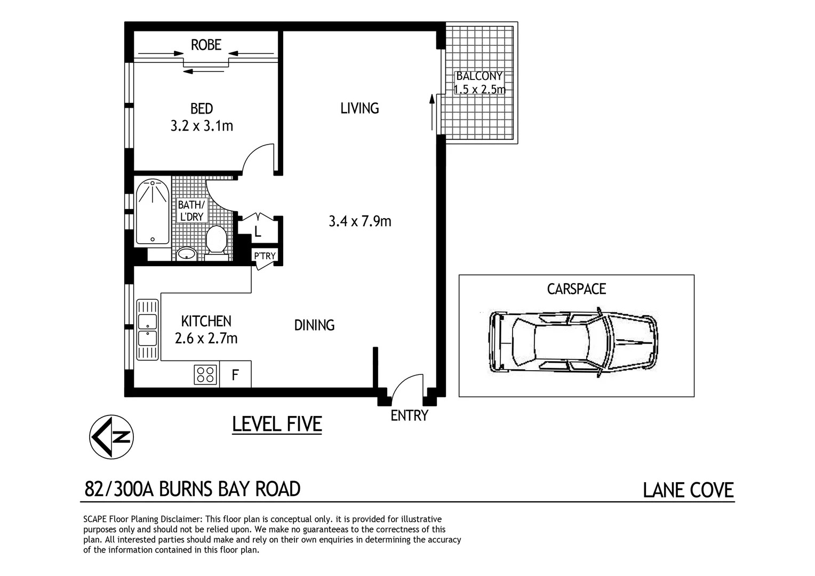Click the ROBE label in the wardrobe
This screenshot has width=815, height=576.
[206, 45]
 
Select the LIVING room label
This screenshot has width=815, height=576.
[359, 108]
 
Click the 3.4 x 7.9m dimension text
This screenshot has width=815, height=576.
[360, 221]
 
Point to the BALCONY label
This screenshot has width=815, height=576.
[479, 76]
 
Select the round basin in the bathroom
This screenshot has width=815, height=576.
[186, 253]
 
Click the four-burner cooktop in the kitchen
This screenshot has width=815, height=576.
[206, 374]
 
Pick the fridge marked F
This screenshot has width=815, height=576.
[235, 375]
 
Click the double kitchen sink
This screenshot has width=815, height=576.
[147, 330]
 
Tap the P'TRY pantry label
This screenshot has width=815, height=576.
[265, 256]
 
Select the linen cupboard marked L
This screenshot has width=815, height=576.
[258, 231]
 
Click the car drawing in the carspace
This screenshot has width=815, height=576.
[573, 341]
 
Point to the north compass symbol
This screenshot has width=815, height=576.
[111, 437]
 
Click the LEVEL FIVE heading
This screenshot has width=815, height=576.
[277, 425]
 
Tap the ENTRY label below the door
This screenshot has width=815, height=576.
[409, 415]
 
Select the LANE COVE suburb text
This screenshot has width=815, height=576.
[688, 490]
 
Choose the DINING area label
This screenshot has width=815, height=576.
[314, 325]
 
